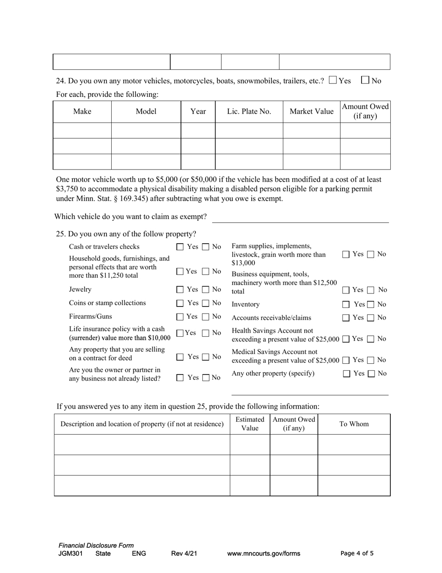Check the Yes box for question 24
pyautogui.click(x=333, y=80)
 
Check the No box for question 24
pyautogui.click(x=365, y=80)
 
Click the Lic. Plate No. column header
pyautogui.click(x=249, y=111)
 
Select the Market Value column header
pyautogui.click(x=311, y=111)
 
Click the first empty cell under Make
pyautogui.click(x=82, y=130)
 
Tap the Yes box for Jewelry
pyautogui.click(x=180, y=290)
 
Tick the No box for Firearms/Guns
pyautogui.click(x=206, y=317)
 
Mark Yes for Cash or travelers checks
pyautogui.click(x=180, y=247)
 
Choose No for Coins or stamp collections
pyautogui.click(x=206, y=304)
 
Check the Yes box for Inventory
pyautogui.click(x=346, y=305)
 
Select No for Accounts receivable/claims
pyautogui.click(x=371, y=318)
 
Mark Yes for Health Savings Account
pyautogui.click(x=346, y=339)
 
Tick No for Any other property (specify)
pyautogui.click(x=371, y=374)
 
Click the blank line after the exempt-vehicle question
pyautogui.click(x=300, y=218)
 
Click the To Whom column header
pyautogui.click(x=354, y=424)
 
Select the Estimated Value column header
pyautogui.click(x=250, y=424)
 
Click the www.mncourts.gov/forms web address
pyautogui.click(x=263, y=553)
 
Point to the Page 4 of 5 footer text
pyautogui.click(x=357, y=553)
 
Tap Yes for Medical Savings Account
pyautogui.click(x=346, y=360)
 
